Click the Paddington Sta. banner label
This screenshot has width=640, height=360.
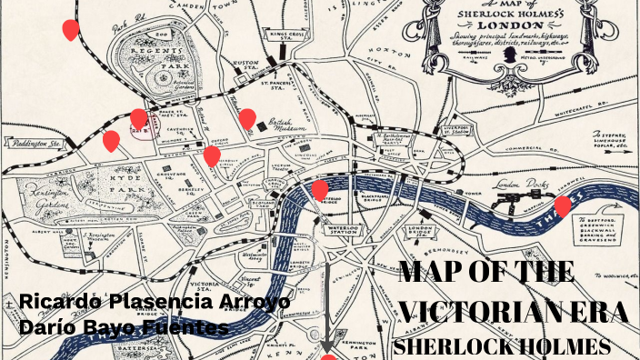coord(37,143)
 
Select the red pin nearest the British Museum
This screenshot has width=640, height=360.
coord(247,119)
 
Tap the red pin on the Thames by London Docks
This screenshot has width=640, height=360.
coord(563,206)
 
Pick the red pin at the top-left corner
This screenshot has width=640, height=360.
coord(70,30)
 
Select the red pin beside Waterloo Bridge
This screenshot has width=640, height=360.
coord(320,190)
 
